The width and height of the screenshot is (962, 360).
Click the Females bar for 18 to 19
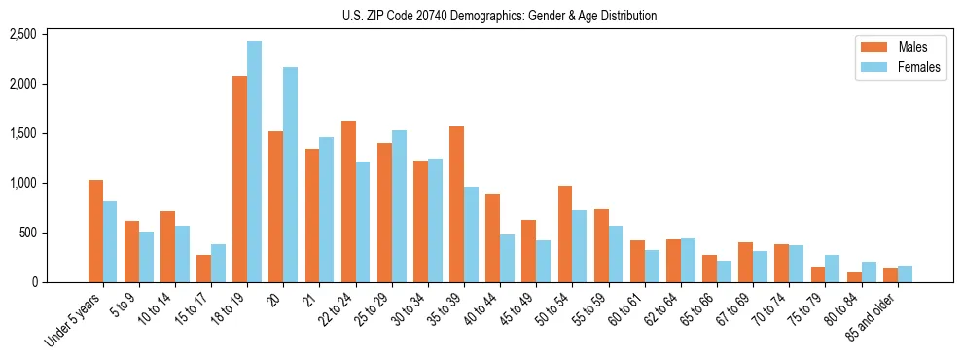click(254, 162)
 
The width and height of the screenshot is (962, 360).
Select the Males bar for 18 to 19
click(239, 179)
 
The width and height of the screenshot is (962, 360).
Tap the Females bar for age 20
click(290, 175)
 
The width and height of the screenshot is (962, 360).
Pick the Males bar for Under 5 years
click(95, 232)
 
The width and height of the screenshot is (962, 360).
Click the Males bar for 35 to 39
click(457, 204)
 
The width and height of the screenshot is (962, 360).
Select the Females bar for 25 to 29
click(399, 206)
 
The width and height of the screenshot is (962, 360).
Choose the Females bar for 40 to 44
click(507, 259)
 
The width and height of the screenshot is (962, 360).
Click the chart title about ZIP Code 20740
click(499, 16)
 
